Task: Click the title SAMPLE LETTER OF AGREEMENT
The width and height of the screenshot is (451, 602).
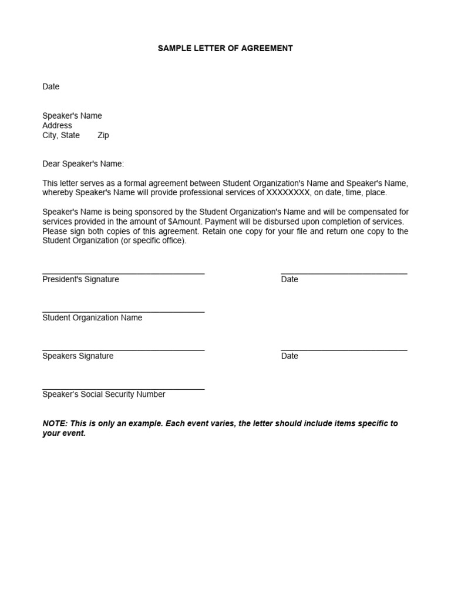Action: point(225,48)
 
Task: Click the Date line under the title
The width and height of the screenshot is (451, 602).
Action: point(51,86)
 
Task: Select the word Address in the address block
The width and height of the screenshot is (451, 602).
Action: point(57,125)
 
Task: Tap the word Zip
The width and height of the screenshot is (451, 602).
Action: point(103,135)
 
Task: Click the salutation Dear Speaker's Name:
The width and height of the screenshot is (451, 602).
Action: point(83,164)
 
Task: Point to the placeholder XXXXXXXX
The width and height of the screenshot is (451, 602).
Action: point(288,193)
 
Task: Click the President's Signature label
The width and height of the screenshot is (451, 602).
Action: point(80,279)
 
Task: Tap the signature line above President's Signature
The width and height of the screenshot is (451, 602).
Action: point(123,273)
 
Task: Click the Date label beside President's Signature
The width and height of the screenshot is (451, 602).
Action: point(290,279)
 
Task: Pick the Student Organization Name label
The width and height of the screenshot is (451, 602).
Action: point(92,317)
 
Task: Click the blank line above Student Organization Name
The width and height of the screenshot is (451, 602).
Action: point(123,312)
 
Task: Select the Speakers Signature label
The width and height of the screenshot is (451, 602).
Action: point(78,356)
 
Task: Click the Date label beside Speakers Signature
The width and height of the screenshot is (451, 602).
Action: point(290,356)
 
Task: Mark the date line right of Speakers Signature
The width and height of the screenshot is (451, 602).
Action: point(344,350)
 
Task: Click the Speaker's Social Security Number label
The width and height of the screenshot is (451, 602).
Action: point(103,394)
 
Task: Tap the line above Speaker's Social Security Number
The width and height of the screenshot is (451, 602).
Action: point(123,389)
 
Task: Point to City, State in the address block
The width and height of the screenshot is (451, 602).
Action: point(61,135)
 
